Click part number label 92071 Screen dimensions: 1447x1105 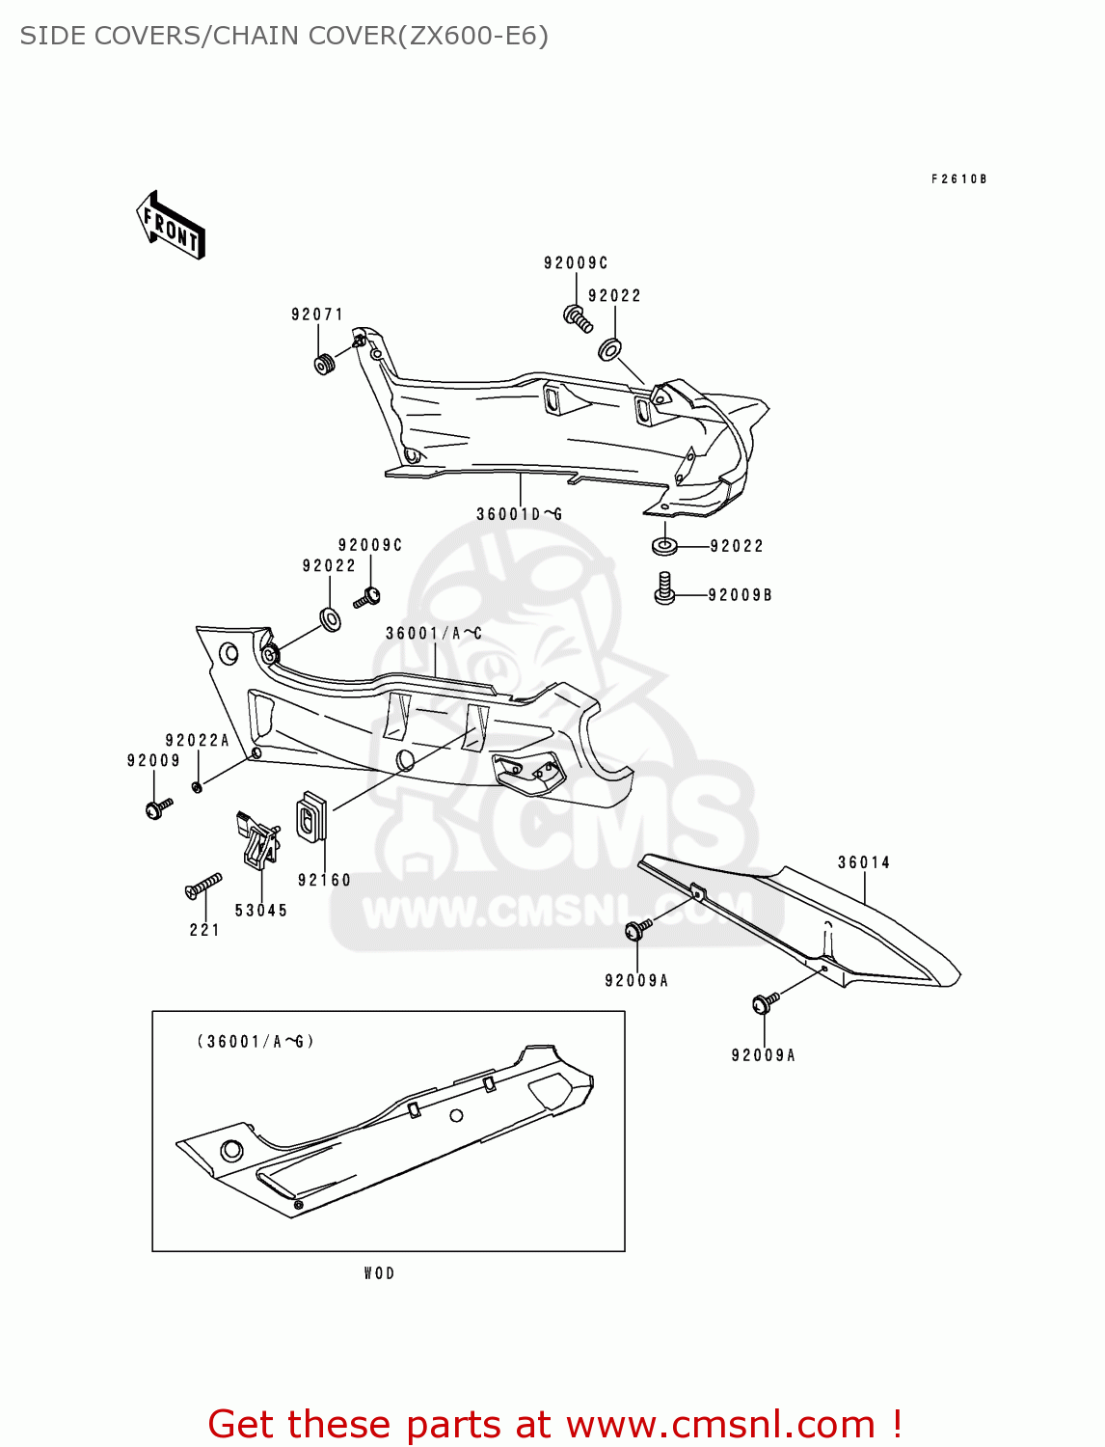(317, 314)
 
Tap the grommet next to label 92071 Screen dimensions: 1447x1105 (324, 365)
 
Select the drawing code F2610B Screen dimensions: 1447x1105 (958, 179)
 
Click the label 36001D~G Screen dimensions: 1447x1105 (519, 514)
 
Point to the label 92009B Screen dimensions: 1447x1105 (740, 595)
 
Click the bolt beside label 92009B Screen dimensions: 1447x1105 (663, 588)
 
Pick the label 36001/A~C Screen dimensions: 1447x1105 (433, 634)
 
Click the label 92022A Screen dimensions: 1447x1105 (198, 741)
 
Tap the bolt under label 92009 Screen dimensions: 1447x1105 (157, 807)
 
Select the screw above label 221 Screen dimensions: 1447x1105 (202, 886)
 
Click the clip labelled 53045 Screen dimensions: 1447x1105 (258, 839)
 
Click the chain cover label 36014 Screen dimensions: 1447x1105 (863, 862)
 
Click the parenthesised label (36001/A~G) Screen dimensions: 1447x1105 (256, 1042)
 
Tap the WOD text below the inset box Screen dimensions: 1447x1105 (379, 1273)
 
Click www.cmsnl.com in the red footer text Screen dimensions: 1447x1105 (719, 1425)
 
